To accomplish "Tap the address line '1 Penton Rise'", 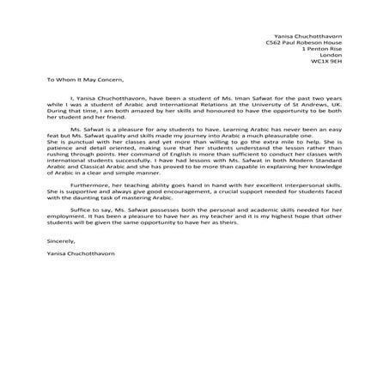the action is click(322, 49).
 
